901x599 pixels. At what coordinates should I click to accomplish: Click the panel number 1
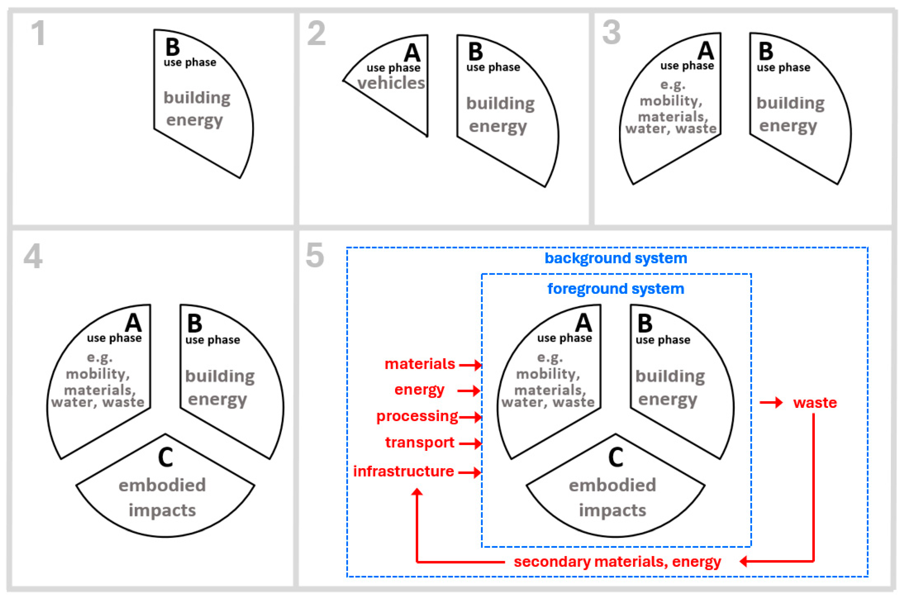click(x=38, y=33)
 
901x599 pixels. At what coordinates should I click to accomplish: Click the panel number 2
click(x=316, y=34)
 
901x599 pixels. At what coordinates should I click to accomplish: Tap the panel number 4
click(x=33, y=256)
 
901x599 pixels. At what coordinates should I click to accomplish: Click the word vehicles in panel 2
click(x=391, y=83)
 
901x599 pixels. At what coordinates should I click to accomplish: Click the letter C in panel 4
click(x=165, y=457)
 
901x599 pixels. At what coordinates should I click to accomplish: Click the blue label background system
click(x=616, y=258)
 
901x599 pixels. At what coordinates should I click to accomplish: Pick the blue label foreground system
click(x=616, y=289)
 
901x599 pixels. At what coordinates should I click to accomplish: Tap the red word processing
click(x=417, y=416)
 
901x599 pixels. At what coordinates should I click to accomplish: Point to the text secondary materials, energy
click(x=617, y=562)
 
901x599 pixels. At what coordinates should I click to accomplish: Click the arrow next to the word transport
click(x=470, y=443)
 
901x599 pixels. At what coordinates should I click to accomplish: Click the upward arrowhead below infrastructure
click(x=417, y=492)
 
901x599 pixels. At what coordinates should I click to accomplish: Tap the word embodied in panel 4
click(x=162, y=485)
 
